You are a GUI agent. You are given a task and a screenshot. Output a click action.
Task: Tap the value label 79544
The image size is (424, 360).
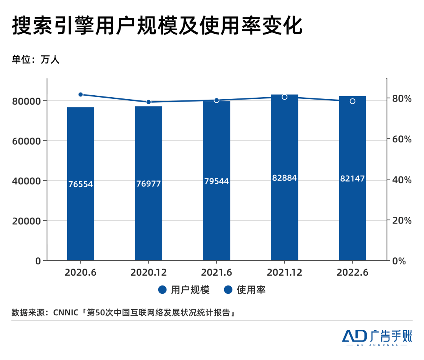tap(216, 181)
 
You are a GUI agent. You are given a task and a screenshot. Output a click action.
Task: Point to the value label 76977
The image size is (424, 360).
tap(148, 184)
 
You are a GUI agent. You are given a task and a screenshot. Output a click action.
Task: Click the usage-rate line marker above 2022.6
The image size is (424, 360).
tap(353, 101)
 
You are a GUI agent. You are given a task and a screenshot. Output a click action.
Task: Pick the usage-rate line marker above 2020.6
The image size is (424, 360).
tap(80, 95)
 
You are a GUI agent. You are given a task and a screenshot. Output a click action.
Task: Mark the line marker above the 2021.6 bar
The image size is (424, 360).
tap(216, 100)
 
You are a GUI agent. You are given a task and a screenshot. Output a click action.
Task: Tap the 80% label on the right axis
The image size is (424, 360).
tap(403, 98)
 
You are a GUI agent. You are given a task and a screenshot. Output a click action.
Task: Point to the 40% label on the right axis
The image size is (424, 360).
tap(403, 180)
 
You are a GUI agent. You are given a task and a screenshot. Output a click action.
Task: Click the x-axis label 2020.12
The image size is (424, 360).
tap(148, 272)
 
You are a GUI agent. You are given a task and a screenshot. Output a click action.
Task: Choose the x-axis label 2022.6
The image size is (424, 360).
tap(353, 272)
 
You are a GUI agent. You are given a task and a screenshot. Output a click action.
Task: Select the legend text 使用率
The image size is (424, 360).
tap(251, 290)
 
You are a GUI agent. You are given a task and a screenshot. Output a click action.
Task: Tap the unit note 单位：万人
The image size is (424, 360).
tap(36, 60)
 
